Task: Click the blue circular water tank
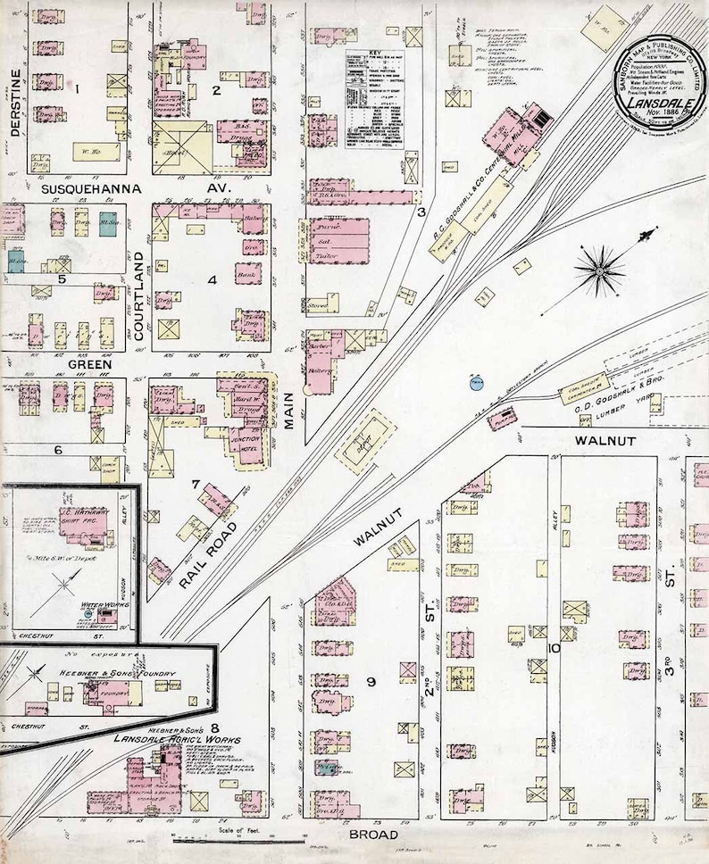tap(475, 383)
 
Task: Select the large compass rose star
tap(600, 268)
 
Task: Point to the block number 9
tap(369, 683)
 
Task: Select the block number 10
tap(554, 649)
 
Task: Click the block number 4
tap(212, 279)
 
